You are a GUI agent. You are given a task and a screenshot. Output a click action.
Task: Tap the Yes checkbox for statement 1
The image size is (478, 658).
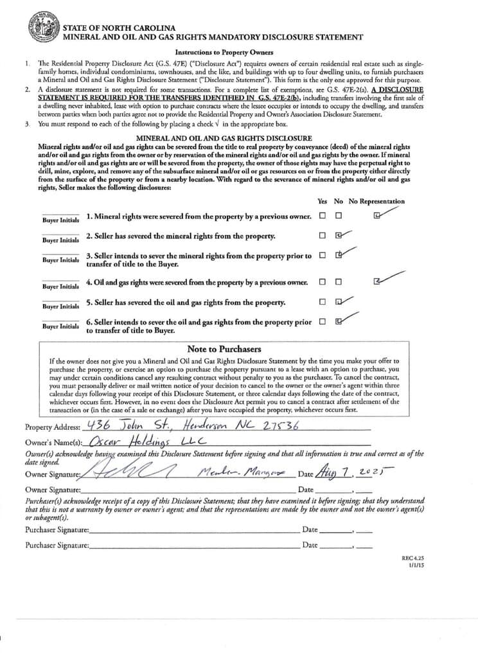pyautogui.click(x=322, y=216)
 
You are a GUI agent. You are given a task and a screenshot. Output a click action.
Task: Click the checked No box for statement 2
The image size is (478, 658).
pyautogui.click(x=339, y=235)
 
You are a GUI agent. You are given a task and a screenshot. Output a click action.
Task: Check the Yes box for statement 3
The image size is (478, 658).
pyautogui.click(x=322, y=256)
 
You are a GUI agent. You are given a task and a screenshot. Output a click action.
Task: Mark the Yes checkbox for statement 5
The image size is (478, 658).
pyautogui.click(x=322, y=302)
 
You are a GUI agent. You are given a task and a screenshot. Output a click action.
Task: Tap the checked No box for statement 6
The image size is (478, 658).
pyautogui.click(x=339, y=321)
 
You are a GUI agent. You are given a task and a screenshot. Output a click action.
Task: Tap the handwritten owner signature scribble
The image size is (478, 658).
pyautogui.click(x=125, y=473)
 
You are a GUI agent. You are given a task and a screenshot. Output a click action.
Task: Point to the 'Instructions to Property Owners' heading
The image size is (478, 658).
pyautogui.click(x=224, y=53)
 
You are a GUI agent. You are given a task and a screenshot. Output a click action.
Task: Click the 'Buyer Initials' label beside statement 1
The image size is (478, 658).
pyautogui.click(x=60, y=220)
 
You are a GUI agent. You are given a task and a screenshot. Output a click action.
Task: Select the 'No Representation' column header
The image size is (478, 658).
pyautogui.click(x=376, y=201)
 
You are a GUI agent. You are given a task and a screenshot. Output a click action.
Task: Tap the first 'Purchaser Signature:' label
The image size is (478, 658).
pyautogui.click(x=57, y=530)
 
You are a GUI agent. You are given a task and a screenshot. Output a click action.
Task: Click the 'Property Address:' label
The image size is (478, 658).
pyautogui.click(x=53, y=427)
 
